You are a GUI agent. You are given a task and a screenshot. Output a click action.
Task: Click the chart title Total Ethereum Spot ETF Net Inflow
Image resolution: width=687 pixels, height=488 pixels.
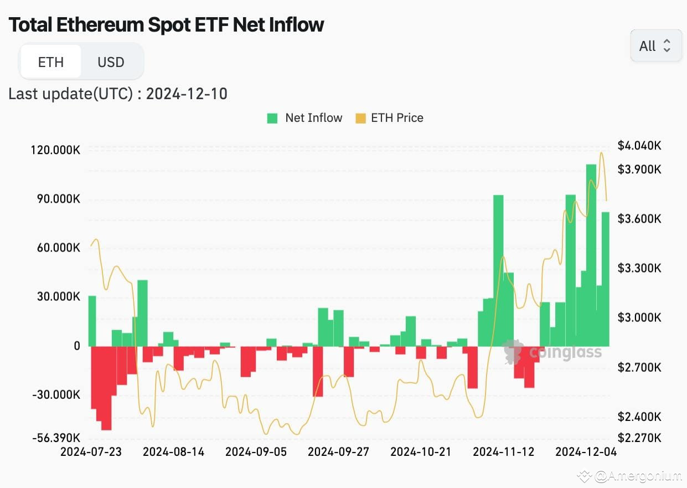pyautogui.click(x=166, y=25)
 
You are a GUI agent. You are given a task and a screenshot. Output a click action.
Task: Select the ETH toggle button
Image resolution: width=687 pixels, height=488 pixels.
pyautogui.click(x=51, y=62)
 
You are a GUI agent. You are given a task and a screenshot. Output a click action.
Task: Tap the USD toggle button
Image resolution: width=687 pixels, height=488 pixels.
pyautogui.click(x=111, y=62)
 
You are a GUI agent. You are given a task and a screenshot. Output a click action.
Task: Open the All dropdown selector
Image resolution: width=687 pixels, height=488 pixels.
pyautogui.click(x=655, y=46)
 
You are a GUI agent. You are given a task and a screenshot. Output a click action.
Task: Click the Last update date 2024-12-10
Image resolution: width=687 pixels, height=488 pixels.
pyautogui.click(x=187, y=94)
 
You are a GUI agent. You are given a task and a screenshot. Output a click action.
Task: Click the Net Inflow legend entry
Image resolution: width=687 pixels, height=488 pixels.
pyautogui.click(x=305, y=118)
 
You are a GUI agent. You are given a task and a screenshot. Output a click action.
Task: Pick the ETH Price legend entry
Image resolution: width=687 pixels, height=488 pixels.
pyautogui.click(x=390, y=118)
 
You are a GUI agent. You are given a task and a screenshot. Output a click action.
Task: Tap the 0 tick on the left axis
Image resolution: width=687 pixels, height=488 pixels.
pyautogui.click(x=76, y=346)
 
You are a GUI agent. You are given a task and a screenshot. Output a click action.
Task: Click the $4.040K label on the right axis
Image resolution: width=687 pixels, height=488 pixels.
pyautogui.click(x=639, y=146)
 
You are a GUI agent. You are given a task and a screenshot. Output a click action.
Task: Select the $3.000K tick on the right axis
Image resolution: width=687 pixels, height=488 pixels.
pyautogui.click(x=639, y=318)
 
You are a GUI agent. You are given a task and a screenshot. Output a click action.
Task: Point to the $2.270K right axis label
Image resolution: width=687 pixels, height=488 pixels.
pyautogui.click(x=639, y=438)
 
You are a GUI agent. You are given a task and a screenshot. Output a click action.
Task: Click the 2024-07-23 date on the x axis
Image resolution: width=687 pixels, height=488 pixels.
pyautogui.click(x=91, y=452)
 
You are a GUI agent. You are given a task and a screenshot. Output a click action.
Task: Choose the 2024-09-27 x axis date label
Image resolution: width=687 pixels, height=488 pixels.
pyautogui.click(x=338, y=452)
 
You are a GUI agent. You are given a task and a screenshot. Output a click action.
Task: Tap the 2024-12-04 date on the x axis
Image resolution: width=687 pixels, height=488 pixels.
pyautogui.click(x=586, y=452)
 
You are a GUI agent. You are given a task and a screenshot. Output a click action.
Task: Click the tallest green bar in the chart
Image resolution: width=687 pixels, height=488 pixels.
pyautogui.click(x=591, y=255)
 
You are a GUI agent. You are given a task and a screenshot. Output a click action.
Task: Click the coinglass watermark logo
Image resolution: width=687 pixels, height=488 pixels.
pyautogui.click(x=552, y=352)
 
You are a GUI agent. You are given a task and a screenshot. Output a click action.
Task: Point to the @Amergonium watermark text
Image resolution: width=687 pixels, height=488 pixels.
pyautogui.click(x=631, y=476)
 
